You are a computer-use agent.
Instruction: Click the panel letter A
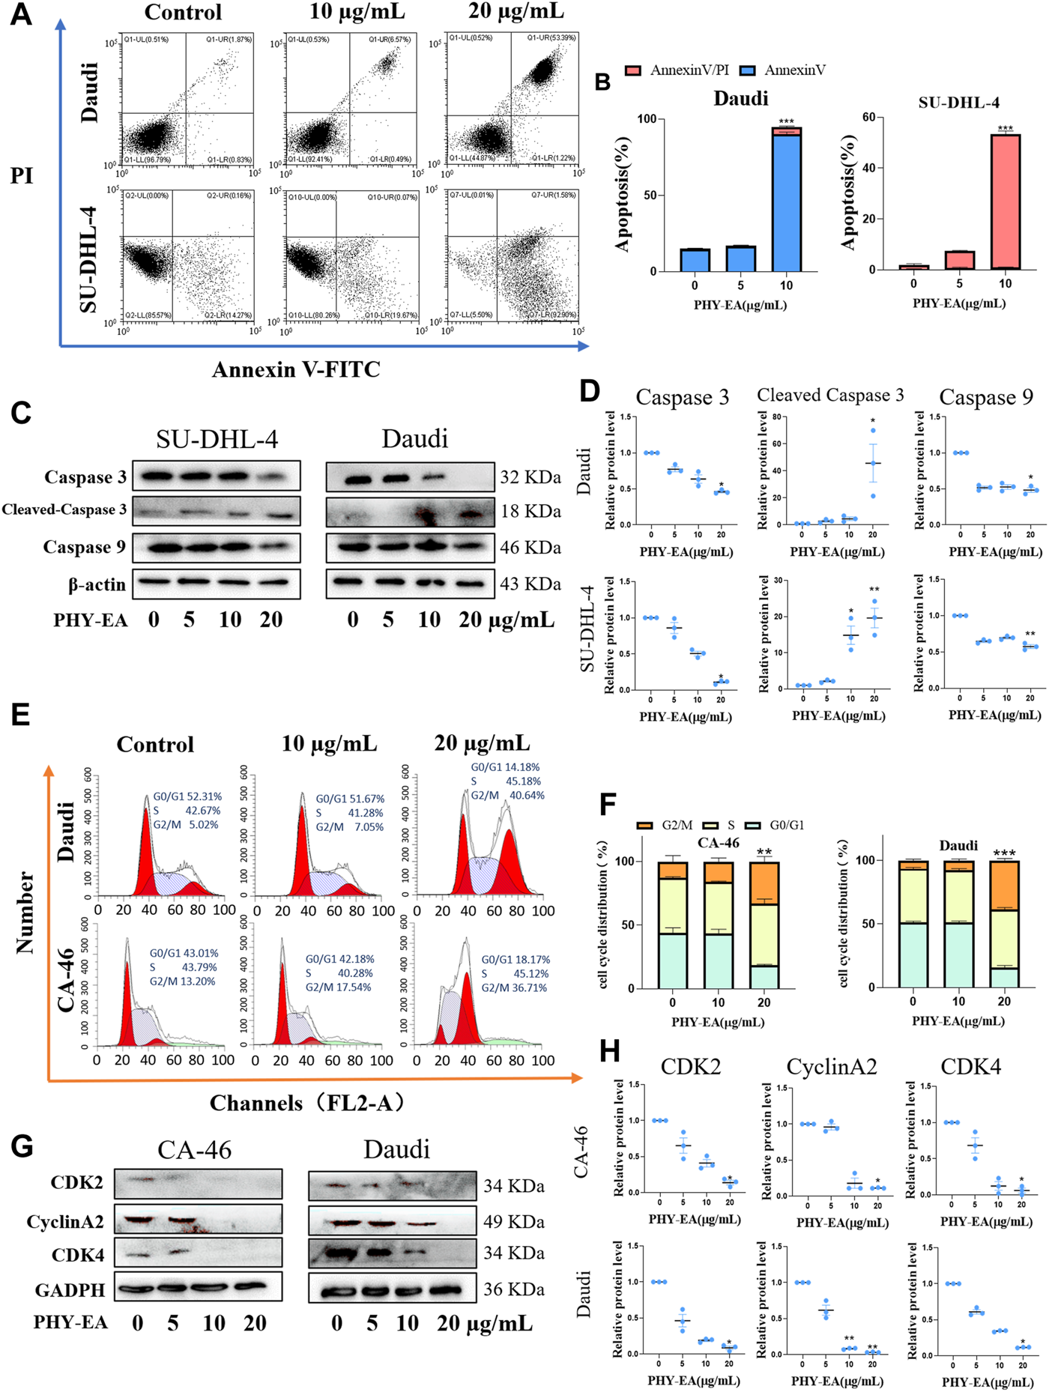tap(20, 14)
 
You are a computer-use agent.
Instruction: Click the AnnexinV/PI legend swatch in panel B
tap(633, 70)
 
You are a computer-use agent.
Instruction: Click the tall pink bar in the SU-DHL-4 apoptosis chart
tap(1005, 202)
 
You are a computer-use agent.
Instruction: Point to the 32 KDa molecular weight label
tap(530, 477)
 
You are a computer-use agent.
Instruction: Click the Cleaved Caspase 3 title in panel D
tap(830, 395)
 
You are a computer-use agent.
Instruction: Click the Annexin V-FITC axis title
tap(296, 369)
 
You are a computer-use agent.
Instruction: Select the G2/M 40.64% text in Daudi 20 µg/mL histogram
tap(507, 795)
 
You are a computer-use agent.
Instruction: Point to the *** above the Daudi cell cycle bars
tap(1004, 853)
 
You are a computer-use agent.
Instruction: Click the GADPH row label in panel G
tap(70, 1290)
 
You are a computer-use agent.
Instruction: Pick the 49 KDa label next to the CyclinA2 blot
tap(514, 1222)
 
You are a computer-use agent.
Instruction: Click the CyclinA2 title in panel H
tap(831, 1067)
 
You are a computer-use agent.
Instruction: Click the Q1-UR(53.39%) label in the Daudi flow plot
tap(551, 37)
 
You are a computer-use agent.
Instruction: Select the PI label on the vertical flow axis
tap(22, 175)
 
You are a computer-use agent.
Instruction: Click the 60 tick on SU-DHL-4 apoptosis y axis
tap(868, 118)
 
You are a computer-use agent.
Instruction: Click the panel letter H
tap(610, 1051)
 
